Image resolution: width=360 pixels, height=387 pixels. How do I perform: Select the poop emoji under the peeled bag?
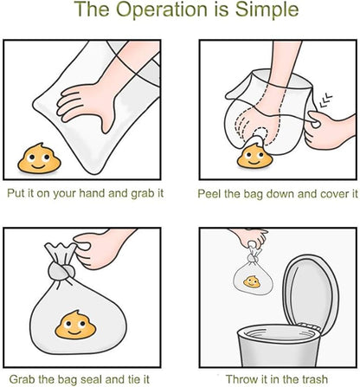tap(253, 157)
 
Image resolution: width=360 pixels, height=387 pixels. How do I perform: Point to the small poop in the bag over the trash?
tap(251, 281)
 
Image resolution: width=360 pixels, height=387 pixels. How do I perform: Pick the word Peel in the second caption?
tap(210, 194)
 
